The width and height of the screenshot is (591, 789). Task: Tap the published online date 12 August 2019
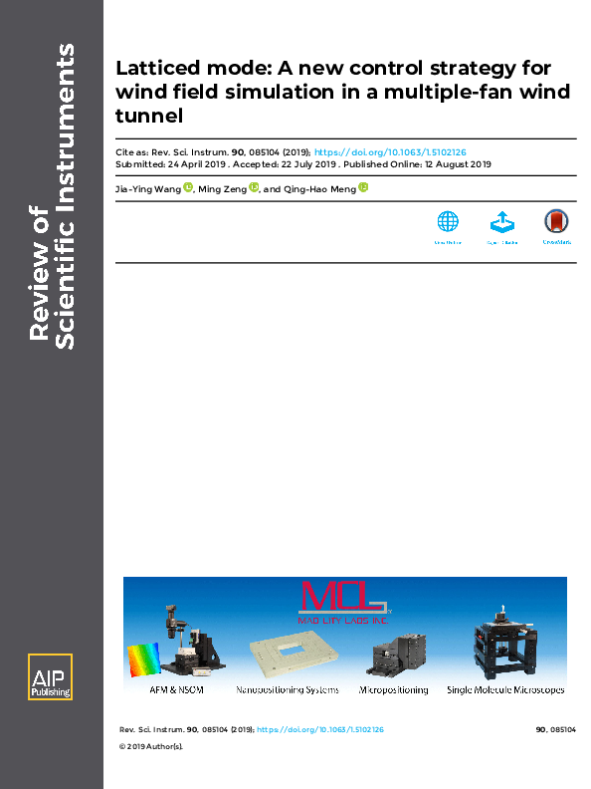[454, 163]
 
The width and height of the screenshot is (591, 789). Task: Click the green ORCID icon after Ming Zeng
[254, 186]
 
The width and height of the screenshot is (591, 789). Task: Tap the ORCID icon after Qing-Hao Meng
[363, 186]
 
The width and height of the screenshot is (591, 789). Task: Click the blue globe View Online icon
[448, 222]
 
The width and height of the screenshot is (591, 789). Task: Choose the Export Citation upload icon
[502, 222]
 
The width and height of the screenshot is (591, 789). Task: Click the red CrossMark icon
[556, 222]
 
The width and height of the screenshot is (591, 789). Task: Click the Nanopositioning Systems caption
[288, 689]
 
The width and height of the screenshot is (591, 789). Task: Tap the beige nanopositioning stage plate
[288, 652]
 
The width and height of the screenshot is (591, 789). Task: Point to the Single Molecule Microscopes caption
[505, 689]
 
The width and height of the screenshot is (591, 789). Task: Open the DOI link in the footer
[320, 730]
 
